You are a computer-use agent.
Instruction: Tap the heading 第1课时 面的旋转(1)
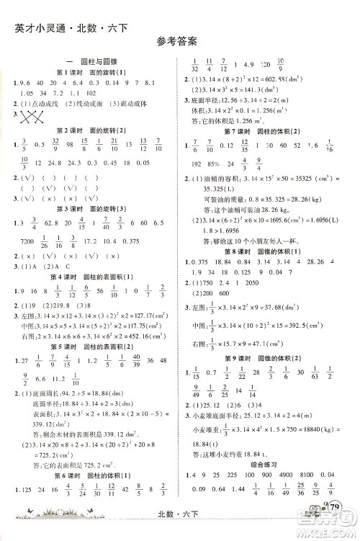91,73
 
